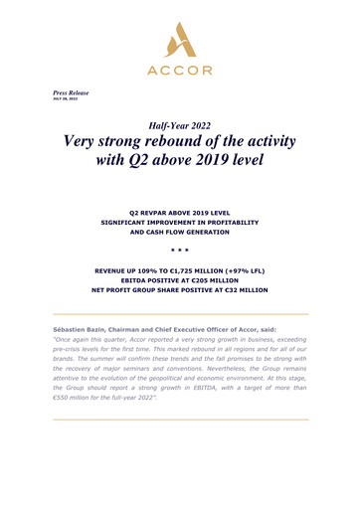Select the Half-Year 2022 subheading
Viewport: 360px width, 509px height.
point(180,125)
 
